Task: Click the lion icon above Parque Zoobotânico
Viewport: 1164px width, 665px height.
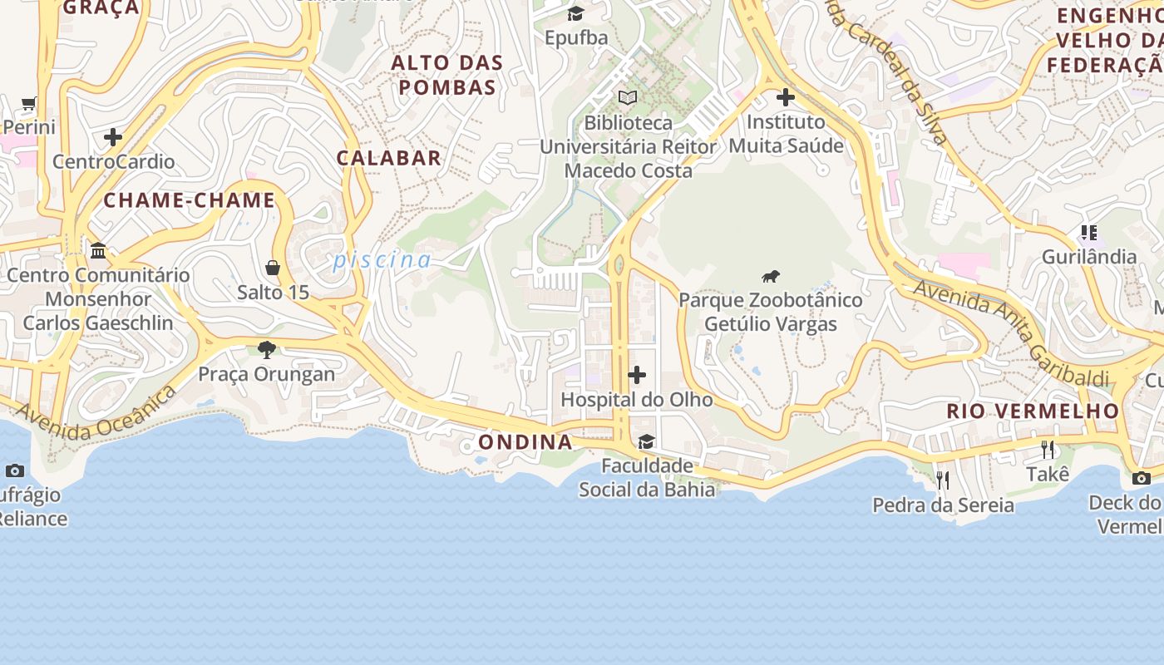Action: click(771, 277)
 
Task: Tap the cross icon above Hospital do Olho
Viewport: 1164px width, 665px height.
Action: click(637, 375)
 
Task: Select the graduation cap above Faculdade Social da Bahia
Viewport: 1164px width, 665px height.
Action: click(646, 441)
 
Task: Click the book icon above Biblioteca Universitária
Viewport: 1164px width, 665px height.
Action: click(628, 98)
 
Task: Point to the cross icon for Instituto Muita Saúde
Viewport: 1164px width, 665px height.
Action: click(785, 97)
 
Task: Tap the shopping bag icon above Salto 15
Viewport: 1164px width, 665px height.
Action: click(273, 268)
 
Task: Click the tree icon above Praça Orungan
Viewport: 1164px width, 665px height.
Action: click(266, 349)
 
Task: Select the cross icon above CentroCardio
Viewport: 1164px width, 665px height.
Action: click(113, 136)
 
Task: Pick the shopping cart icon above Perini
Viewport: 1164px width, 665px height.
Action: click(29, 104)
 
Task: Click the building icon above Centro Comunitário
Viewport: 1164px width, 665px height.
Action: click(98, 250)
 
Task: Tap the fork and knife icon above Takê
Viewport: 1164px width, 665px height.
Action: click(1048, 450)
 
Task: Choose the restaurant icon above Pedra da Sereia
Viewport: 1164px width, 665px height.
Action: click(943, 480)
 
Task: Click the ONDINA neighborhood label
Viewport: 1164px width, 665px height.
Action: click(525, 442)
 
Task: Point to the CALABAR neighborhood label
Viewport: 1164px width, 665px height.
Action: click(388, 158)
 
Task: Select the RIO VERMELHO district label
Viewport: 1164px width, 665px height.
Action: click(1033, 411)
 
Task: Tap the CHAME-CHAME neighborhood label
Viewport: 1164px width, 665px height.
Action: click(189, 200)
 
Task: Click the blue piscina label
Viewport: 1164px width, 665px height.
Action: click(382, 261)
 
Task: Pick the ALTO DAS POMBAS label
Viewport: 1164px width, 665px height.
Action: click(447, 75)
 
